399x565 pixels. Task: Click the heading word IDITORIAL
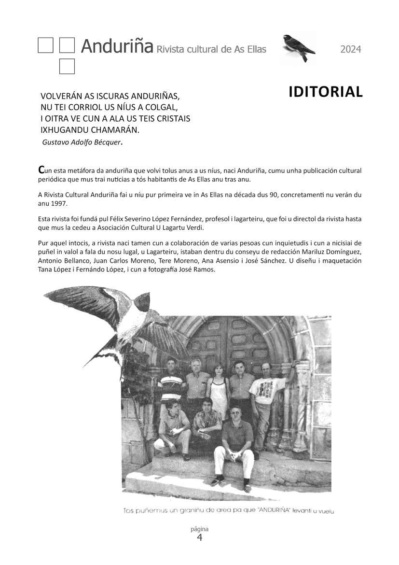click(326, 92)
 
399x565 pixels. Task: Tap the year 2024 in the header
click(351, 49)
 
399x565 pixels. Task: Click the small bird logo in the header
click(299, 48)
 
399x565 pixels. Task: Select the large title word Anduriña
click(117, 47)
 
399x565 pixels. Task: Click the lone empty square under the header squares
click(67, 67)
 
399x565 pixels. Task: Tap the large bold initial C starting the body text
click(41, 170)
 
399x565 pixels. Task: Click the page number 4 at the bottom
click(199, 538)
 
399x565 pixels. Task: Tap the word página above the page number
click(199, 529)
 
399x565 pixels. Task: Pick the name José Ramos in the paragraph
click(199, 269)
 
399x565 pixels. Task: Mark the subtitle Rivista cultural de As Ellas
click(211, 49)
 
